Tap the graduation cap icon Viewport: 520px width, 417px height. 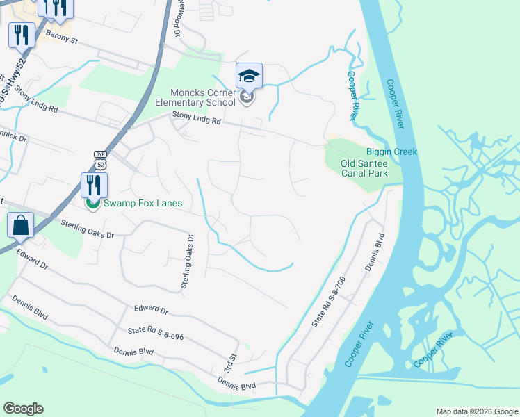249,76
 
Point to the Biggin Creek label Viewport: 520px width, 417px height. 391,152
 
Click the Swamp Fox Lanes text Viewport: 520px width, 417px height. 143,203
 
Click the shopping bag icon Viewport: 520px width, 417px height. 20,226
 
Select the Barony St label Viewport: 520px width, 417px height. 61,36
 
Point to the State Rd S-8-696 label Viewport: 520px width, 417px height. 155,333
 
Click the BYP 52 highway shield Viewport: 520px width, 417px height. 99,159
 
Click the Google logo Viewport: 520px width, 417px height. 23,409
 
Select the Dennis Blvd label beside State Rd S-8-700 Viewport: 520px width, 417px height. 380,251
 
